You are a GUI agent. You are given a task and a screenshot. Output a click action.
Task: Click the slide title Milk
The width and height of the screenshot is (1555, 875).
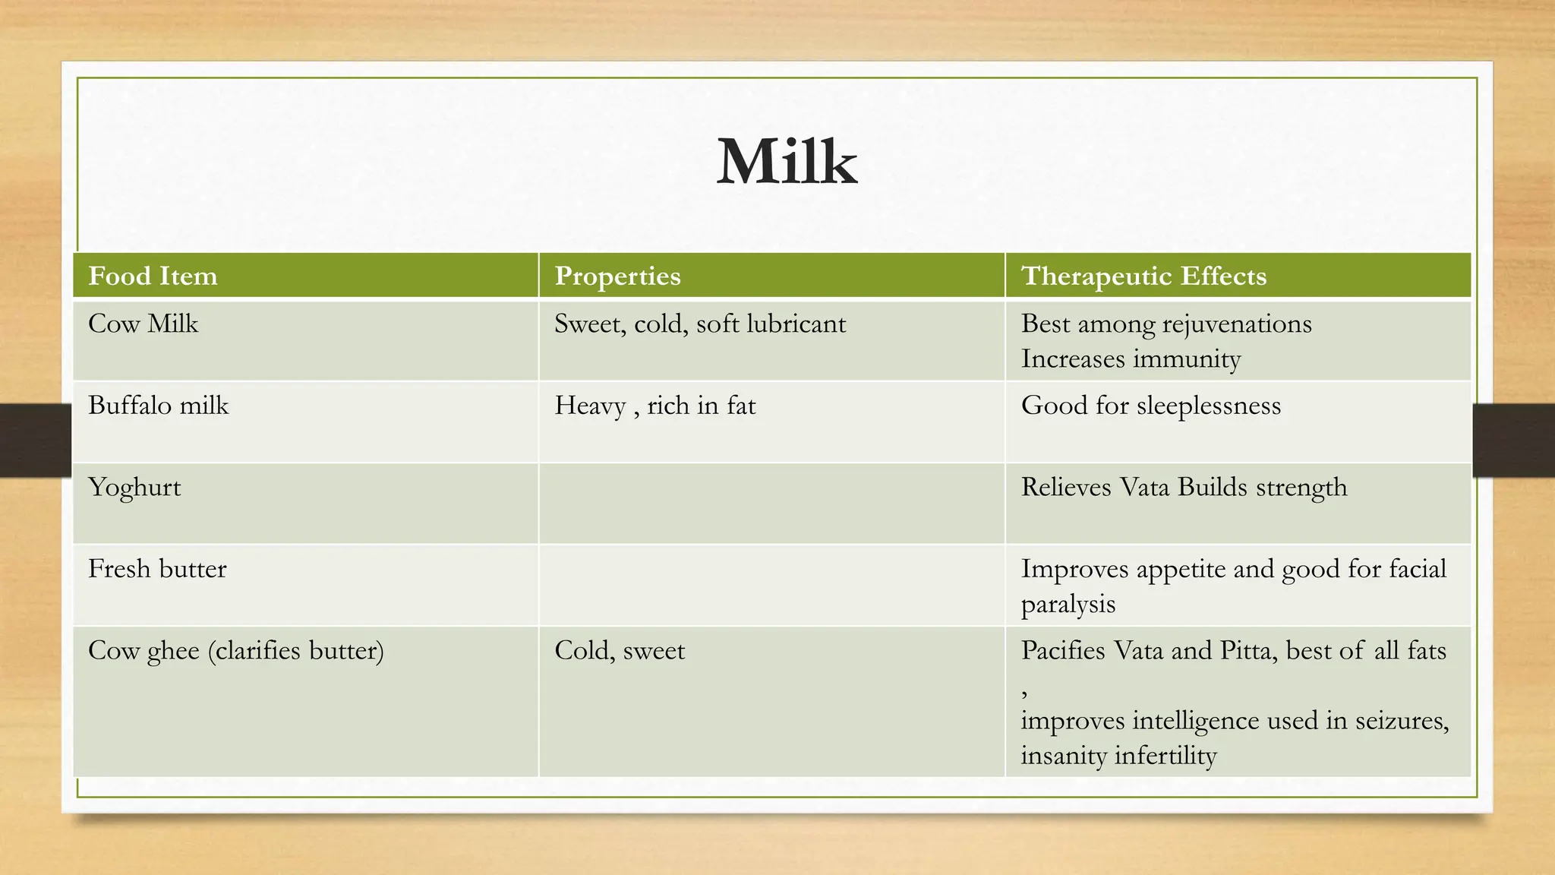pyautogui.click(x=787, y=162)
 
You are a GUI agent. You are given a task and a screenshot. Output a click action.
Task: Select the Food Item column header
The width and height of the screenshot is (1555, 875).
pyautogui.click(x=153, y=276)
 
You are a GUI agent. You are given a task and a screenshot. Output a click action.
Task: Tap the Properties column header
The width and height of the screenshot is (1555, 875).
pyautogui.click(x=617, y=276)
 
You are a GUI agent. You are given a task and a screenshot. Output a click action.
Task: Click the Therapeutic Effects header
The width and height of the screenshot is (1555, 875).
pyautogui.click(x=1143, y=276)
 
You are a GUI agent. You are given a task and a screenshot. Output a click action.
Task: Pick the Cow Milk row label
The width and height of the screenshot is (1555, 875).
pyautogui.click(x=143, y=324)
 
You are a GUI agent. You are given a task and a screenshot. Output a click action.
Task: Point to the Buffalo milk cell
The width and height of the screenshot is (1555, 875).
pyautogui.click(x=158, y=406)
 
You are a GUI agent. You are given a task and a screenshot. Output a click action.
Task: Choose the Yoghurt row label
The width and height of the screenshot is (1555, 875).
pyautogui.click(x=134, y=488)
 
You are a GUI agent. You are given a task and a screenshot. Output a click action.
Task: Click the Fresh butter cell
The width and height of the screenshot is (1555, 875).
pyautogui.click(x=157, y=569)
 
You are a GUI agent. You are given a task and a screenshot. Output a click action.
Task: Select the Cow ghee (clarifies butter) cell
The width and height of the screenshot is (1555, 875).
pyautogui.click(x=235, y=651)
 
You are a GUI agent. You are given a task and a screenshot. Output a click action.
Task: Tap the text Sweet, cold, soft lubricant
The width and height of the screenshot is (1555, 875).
pyautogui.click(x=699, y=324)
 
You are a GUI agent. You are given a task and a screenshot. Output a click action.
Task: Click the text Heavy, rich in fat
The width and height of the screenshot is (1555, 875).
pyautogui.click(x=654, y=406)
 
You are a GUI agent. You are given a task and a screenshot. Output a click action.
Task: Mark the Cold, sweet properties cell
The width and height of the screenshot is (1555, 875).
pyautogui.click(x=620, y=651)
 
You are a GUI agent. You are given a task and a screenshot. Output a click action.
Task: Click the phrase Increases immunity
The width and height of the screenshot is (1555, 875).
pyautogui.click(x=1131, y=359)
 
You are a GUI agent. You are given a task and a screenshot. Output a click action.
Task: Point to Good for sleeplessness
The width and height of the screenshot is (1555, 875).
pyautogui.click(x=1150, y=406)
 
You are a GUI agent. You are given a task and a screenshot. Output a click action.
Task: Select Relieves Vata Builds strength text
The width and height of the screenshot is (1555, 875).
pyautogui.click(x=1184, y=488)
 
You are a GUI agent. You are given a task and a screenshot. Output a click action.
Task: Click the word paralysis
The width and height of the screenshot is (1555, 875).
pyautogui.click(x=1068, y=605)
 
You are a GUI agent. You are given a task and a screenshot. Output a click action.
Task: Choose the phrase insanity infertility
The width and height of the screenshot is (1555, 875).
pyautogui.click(x=1118, y=756)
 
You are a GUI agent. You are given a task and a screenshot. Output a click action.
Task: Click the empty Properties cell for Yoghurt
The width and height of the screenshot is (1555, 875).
pyautogui.click(x=771, y=504)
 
